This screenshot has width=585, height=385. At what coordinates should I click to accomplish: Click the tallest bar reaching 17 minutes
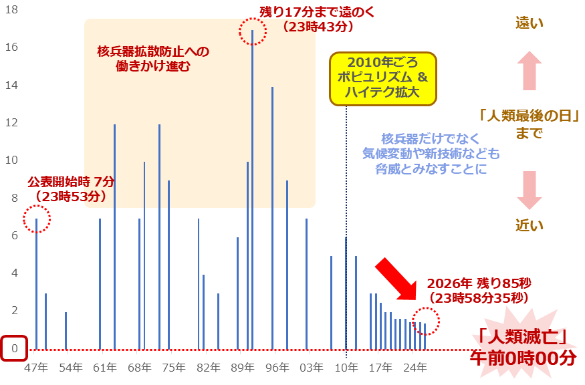click(x=252, y=187)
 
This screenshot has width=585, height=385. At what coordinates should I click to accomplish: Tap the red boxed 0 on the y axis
click(x=14, y=348)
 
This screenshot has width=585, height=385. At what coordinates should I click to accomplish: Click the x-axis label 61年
click(x=105, y=367)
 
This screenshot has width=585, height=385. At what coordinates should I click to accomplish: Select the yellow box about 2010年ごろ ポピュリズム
click(x=382, y=79)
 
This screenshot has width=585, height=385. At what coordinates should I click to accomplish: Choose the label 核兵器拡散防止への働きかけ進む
click(x=153, y=59)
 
